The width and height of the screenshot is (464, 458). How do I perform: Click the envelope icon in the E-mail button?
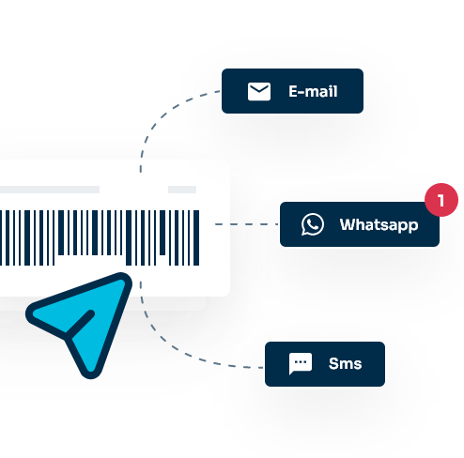(x=259, y=91)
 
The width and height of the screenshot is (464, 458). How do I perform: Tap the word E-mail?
(x=313, y=91)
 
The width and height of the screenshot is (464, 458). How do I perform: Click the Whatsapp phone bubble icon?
(x=313, y=224)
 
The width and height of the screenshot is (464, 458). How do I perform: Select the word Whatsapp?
(x=379, y=225)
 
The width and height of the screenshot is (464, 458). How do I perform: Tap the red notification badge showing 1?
(x=441, y=200)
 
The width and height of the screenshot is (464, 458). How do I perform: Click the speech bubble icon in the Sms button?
(x=301, y=363)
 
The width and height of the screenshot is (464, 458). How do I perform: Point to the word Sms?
(x=345, y=363)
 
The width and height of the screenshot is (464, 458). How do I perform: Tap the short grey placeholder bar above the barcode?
(x=182, y=190)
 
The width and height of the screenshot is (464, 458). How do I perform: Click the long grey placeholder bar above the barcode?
(x=50, y=190)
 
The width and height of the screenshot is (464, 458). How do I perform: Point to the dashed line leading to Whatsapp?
(x=246, y=224)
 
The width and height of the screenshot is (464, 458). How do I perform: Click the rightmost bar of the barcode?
(x=196, y=237)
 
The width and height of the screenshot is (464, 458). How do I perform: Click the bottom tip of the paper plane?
(x=90, y=375)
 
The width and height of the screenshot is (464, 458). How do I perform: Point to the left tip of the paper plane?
(x=29, y=313)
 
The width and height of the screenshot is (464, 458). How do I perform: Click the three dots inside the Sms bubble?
(x=301, y=362)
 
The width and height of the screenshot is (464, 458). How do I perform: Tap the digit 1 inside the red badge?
(x=441, y=200)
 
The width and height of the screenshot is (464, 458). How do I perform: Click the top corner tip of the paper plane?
(x=127, y=278)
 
